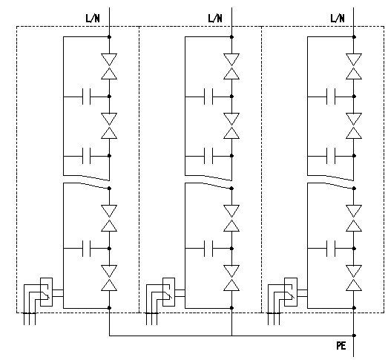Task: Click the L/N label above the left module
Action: point(93,19)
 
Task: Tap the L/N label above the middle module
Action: point(215,19)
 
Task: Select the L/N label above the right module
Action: point(338,19)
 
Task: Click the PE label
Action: point(341,346)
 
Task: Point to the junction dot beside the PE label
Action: point(354,336)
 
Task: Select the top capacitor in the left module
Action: point(86,96)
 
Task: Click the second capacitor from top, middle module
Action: point(208,156)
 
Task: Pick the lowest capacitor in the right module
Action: point(331,249)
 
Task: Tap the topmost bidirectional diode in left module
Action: point(109,66)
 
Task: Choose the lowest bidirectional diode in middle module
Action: point(231,278)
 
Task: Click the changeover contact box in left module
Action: point(46,292)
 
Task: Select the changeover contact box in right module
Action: point(291,292)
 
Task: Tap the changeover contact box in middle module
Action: point(168,292)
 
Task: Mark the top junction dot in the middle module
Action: point(231,37)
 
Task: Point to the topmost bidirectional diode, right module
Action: point(354,66)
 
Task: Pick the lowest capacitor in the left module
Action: point(86,249)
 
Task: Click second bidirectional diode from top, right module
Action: point(354,125)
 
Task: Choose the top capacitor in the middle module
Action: point(208,96)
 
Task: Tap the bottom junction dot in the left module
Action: point(109,308)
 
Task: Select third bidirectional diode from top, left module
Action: point(109,218)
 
